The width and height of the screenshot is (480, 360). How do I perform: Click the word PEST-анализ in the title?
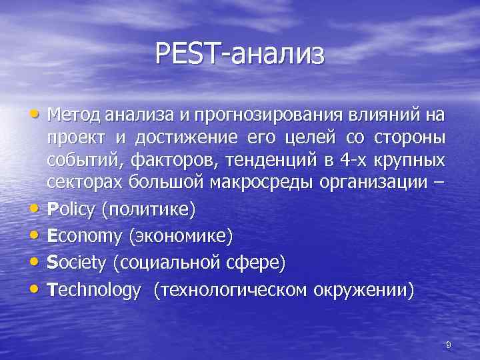[x=240, y=53]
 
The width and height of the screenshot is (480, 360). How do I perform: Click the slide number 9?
[x=449, y=344]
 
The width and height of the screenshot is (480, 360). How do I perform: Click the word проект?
[x=73, y=139]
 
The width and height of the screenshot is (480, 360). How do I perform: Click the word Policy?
[x=71, y=211]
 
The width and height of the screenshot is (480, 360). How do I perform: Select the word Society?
[x=77, y=263]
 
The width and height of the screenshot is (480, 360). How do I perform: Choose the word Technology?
[x=94, y=290]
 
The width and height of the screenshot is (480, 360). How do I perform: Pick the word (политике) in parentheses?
[x=147, y=211]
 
